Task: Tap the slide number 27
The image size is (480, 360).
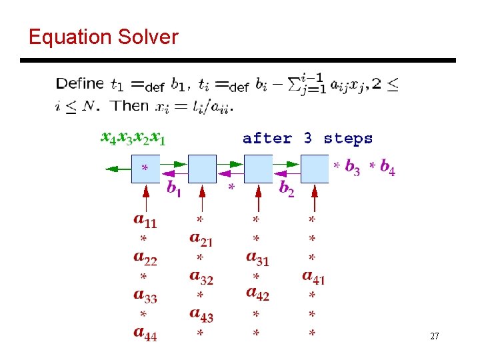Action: click(x=435, y=337)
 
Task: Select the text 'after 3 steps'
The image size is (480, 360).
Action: click(x=307, y=139)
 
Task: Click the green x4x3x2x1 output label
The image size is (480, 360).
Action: click(x=133, y=138)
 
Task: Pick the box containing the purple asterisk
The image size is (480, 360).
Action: click(x=146, y=169)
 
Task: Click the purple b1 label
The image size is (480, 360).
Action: click(x=173, y=189)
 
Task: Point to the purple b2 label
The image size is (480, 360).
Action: click(x=287, y=189)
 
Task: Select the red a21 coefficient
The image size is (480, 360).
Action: click(x=201, y=238)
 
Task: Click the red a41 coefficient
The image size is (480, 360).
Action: click(x=313, y=275)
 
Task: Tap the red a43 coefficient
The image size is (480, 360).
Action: click(x=201, y=313)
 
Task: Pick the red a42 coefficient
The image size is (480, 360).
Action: click(x=257, y=294)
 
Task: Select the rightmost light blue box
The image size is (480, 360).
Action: click(x=315, y=169)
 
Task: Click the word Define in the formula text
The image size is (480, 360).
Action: click(x=80, y=84)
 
